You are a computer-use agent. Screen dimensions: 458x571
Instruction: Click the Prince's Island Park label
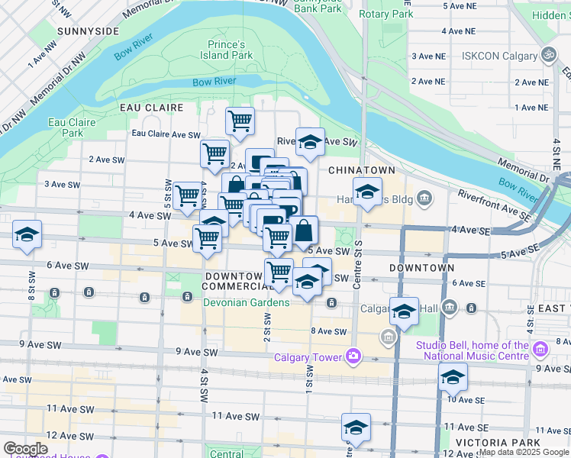click(230, 50)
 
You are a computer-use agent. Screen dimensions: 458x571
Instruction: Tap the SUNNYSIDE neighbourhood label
click(87, 31)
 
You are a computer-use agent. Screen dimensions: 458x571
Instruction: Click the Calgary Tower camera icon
click(353, 356)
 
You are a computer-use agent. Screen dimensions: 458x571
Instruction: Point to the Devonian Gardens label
click(246, 303)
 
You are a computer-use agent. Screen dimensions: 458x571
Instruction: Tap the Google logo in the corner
click(26, 449)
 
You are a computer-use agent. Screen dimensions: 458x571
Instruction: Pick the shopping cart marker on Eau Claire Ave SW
click(240, 121)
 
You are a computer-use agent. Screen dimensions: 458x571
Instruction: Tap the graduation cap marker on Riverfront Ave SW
click(310, 141)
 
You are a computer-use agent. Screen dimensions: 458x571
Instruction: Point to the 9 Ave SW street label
click(196, 352)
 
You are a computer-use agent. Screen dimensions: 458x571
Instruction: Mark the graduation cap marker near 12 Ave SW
click(355, 427)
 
